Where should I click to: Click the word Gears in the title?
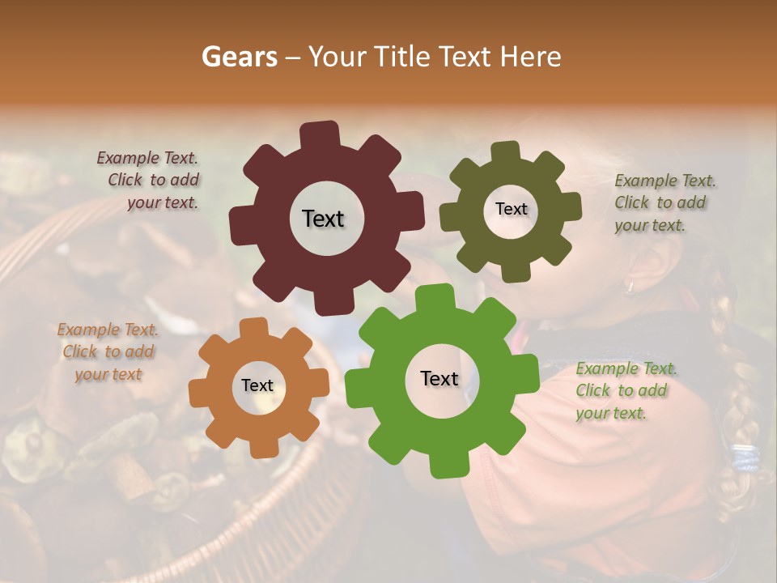click(238, 57)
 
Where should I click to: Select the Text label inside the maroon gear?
click(323, 219)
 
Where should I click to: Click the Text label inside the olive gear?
click(511, 209)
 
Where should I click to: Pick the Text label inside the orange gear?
click(257, 385)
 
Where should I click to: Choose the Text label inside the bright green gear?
click(439, 378)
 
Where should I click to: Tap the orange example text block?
click(108, 351)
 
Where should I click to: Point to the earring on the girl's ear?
click(629, 285)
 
